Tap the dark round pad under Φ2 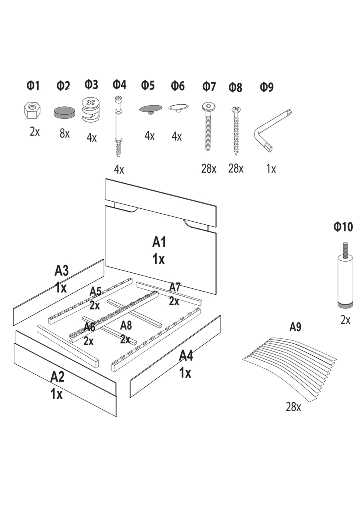click(x=65, y=112)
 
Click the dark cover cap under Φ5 click(x=150, y=109)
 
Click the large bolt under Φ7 click(x=208, y=126)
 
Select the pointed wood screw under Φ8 click(x=236, y=130)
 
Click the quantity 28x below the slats click(x=293, y=407)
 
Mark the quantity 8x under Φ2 click(x=64, y=134)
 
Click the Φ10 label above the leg click(x=343, y=227)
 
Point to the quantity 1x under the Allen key click(x=271, y=169)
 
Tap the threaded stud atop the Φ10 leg click(x=344, y=250)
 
